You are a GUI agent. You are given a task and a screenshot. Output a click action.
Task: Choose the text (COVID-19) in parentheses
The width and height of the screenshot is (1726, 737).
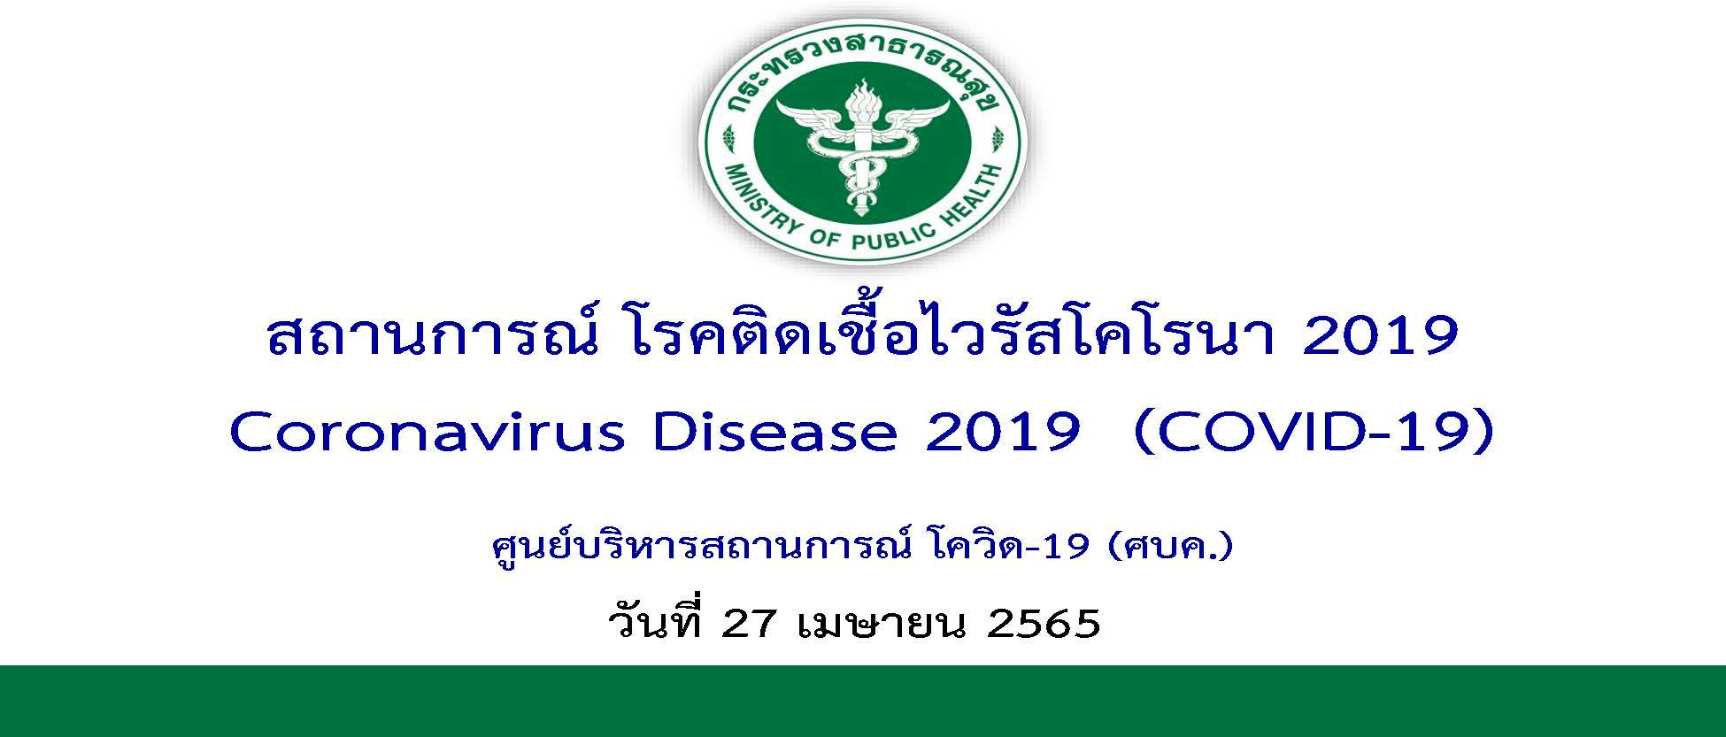(1314, 434)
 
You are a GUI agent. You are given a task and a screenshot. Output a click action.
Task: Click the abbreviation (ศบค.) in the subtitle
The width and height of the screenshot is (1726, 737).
(1169, 548)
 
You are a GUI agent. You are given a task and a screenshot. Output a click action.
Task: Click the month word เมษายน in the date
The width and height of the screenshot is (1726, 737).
(882, 624)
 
